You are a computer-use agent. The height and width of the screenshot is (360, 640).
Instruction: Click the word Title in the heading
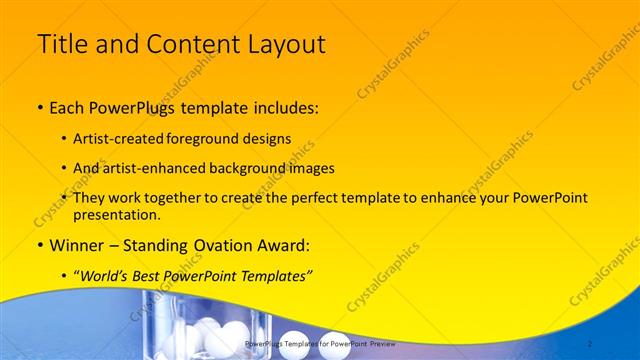point(62,45)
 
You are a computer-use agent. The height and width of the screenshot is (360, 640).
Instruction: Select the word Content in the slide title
point(186,45)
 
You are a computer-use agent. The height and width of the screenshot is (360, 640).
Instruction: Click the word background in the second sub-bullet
point(265,168)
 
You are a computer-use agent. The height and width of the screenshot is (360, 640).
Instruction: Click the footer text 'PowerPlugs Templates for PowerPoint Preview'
point(319,343)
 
